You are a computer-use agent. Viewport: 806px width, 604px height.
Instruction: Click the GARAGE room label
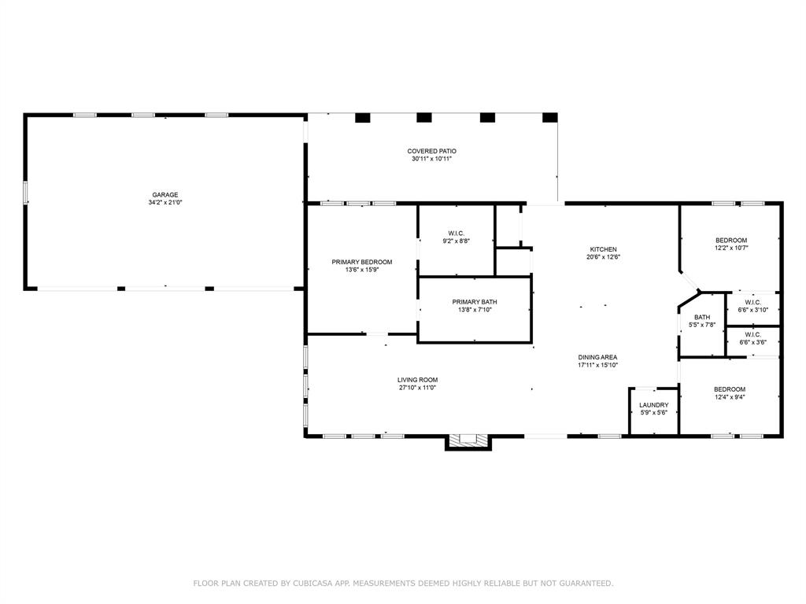(165, 195)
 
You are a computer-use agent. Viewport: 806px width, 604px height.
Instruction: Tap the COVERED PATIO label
(432, 151)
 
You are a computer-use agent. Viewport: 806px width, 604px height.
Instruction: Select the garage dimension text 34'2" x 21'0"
(165, 202)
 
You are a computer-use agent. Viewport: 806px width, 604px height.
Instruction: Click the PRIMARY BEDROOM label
(362, 262)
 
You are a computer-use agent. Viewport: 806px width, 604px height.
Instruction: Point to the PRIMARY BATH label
(475, 302)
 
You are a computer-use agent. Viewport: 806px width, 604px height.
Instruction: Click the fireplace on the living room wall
(468, 442)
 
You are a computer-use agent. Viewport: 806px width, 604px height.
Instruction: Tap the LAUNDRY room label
(654, 405)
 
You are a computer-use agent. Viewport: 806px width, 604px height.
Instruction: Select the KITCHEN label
(604, 249)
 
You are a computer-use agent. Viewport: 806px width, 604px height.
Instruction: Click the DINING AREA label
(597, 358)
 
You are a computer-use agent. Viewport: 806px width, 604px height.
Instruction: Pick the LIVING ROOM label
(417, 380)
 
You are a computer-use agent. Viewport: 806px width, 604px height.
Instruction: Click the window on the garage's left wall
(24, 192)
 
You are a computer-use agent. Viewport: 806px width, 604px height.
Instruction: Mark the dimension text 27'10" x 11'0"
(417, 388)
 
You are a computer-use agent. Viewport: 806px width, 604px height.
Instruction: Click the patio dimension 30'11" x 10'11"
(432, 159)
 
